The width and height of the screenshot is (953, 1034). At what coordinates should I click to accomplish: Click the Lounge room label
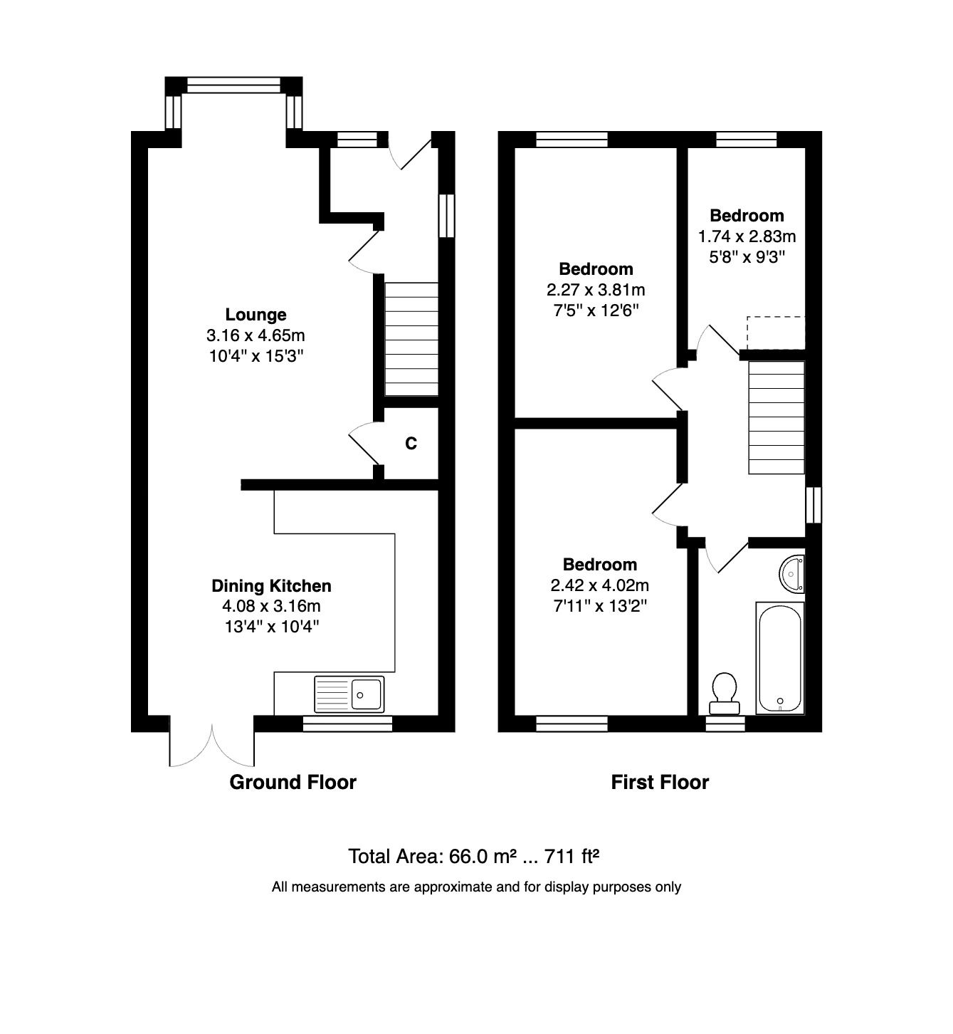click(x=256, y=315)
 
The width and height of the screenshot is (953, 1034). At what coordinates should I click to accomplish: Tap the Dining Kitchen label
click(x=271, y=586)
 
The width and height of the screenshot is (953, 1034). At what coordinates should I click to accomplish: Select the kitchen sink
click(x=349, y=694)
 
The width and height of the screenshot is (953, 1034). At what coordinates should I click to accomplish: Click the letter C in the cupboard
click(x=411, y=444)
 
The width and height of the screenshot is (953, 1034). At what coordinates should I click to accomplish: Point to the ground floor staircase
click(x=411, y=339)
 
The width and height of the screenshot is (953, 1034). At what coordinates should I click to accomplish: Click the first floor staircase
click(x=776, y=417)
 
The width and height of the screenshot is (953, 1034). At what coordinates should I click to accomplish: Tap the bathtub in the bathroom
click(x=780, y=657)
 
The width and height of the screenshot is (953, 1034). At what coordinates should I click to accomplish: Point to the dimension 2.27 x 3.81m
click(x=596, y=290)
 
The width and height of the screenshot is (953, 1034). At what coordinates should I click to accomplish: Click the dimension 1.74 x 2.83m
click(x=747, y=236)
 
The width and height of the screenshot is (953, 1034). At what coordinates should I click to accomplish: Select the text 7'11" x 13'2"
click(x=599, y=606)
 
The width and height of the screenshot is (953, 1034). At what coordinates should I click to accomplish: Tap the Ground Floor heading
click(x=293, y=782)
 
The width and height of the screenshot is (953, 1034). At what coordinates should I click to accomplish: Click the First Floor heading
click(x=660, y=782)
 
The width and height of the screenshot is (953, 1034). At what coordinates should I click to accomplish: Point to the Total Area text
click(x=473, y=856)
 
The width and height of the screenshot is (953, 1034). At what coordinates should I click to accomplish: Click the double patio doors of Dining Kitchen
click(x=212, y=744)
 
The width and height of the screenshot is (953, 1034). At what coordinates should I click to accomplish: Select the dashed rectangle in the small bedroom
click(x=776, y=333)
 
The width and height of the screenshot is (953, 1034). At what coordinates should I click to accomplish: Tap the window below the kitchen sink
click(x=347, y=724)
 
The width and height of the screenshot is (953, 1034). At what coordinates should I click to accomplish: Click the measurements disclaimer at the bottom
click(x=476, y=887)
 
